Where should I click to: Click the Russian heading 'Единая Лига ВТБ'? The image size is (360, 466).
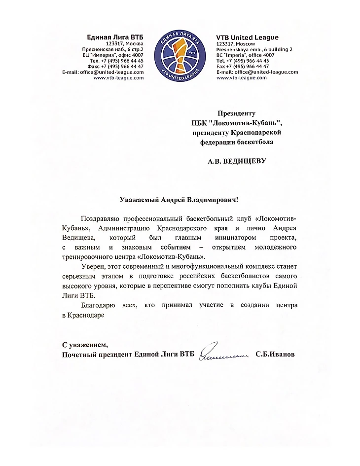[115, 37]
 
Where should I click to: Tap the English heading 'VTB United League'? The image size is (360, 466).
[247, 37]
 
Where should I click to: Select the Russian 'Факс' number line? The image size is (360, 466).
[115, 66]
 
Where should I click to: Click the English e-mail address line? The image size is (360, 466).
[257, 72]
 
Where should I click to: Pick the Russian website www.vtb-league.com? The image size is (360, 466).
[118, 78]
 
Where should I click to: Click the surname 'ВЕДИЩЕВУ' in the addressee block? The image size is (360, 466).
[248, 161]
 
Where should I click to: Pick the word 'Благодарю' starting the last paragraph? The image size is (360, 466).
[98, 306]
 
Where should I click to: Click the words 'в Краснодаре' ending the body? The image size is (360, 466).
[83, 316]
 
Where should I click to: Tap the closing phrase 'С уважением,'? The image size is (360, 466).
[84, 344]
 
